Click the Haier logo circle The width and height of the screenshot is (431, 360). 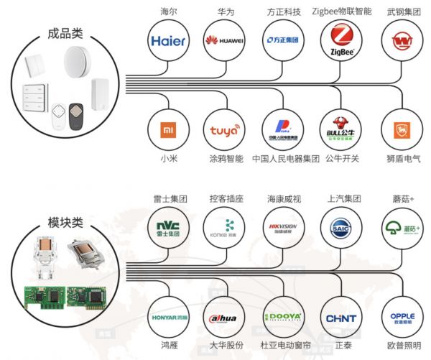pyautogui.click(x=169, y=41)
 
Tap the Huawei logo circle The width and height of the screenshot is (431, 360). pyautogui.click(x=223, y=41)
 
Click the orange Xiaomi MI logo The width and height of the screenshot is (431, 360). pyautogui.click(x=169, y=130)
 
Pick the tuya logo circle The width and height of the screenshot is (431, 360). pyautogui.click(x=223, y=130)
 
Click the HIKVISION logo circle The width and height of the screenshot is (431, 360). pyautogui.click(x=282, y=227)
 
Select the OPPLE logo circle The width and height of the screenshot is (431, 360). pyautogui.click(x=402, y=317)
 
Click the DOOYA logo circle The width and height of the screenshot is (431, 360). pyautogui.click(x=282, y=317)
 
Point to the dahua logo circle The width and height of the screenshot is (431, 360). pyautogui.click(x=223, y=317)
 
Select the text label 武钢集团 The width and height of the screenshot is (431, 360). pyautogui.click(x=401, y=11)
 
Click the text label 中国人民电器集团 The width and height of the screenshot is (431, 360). pyautogui.click(x=285, y=159)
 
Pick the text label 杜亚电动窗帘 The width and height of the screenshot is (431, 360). pyautogui.click(x=282, y=346)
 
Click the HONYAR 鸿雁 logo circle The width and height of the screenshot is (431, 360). pyautogui.click(x=169, y=317)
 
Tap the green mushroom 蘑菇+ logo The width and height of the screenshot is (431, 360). pyautogui.click(x=402, y=227)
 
